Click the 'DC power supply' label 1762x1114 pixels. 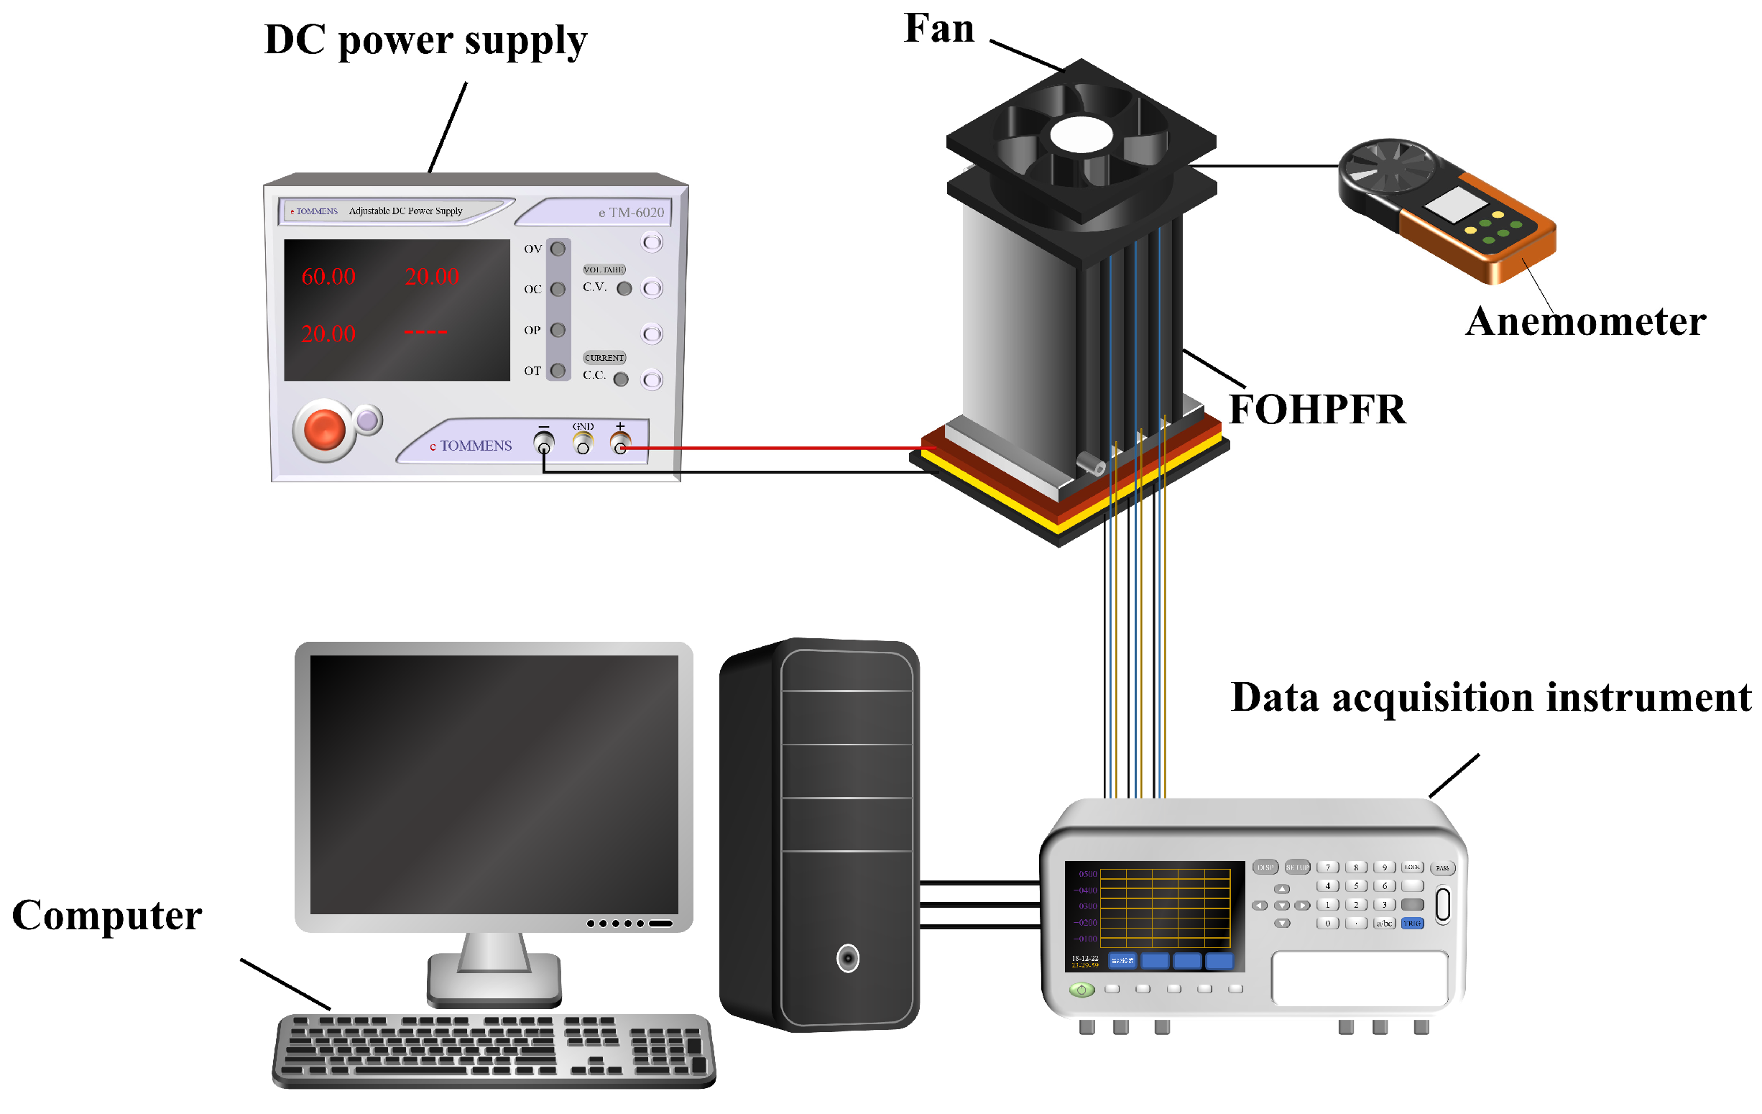(x=425, y=40)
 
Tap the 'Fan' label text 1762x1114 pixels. (x=938, y=29)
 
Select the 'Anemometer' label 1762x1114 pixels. (x=1585, y=321)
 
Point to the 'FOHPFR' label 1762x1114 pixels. (x=1316, y=409)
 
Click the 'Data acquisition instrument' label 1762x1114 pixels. (x=1490, y=697)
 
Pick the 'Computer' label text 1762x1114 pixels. (x=107, y=916)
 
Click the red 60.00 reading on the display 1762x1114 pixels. (x=328, y=277)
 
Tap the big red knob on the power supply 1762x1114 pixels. (x=324, y=429)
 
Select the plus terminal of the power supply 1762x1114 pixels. (x=619, y=445)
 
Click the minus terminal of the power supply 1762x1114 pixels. (x=544, y=445)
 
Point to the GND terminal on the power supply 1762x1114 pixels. (x=583, y=445)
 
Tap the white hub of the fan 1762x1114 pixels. (x=1081, y=135)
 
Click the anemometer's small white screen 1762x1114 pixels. (x=1454, y=204)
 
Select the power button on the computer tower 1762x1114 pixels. (x=847, y=958)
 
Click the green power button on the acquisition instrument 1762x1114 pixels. (x=1081, y=990)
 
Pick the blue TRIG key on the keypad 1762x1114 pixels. (x=1411, y=924)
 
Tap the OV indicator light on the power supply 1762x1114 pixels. (x=558, y=249)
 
